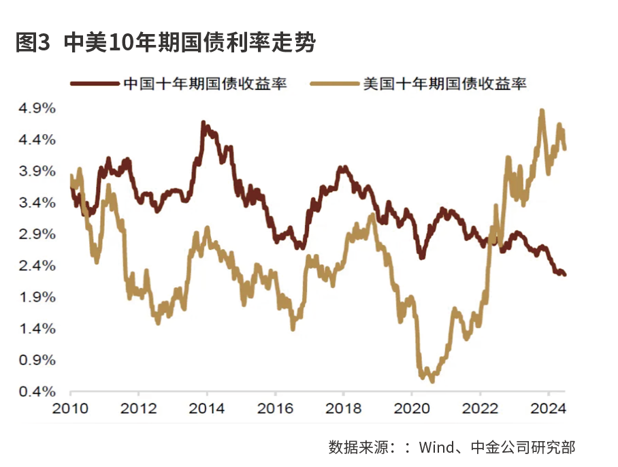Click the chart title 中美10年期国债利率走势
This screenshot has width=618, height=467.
pyautogui.click(x=191, y=43)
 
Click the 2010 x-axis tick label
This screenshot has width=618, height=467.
pyautogui.click(x=70, y=409)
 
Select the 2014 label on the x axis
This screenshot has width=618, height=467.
pyautogui.click(x=207, y=409)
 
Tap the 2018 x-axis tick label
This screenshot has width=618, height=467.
pyautogui.click(x=343, y=409)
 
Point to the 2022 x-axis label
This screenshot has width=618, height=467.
pyautogui.click(x=480, y=409)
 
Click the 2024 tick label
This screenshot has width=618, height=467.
pyautogui.click(x=548, y=409)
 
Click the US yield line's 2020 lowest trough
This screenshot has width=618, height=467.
pyautogui.click(x=432, y=381)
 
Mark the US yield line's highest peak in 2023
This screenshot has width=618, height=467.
pyautogui.click(x=542, y=111)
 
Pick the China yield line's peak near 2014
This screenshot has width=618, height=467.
pyautogui.click(x=204, y=124)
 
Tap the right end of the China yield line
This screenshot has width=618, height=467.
pyautogui.click(x=565, y=274)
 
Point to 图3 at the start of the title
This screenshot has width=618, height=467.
pyautogui.click(x=33, y=43)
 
